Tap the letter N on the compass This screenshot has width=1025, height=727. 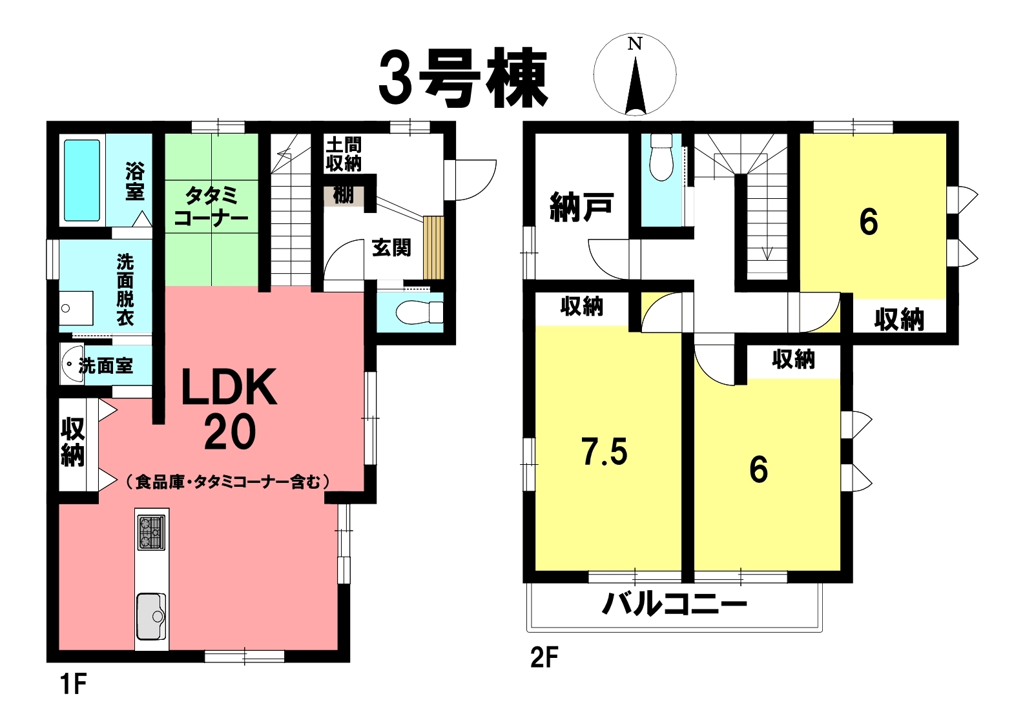[x=634, y=44]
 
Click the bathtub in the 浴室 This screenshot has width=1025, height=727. [x=82, y=180]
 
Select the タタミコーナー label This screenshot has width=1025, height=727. [x=211, y=207]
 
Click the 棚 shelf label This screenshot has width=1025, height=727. [x=343, y=196]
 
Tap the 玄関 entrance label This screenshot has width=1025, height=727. [x=391, y=248]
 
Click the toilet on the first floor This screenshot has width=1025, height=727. [x=419, y=313]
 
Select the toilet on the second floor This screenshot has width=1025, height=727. [x=661, y=158]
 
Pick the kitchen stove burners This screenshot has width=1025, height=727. [x=151, y=533]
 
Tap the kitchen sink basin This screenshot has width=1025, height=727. [x=151, y=616]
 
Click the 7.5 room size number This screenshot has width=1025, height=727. [x=605, y=451]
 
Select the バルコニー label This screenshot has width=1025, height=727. [x=674, y=604]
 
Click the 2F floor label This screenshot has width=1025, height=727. [x=544, y=659]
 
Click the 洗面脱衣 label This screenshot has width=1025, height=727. [x=125, y=291]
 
